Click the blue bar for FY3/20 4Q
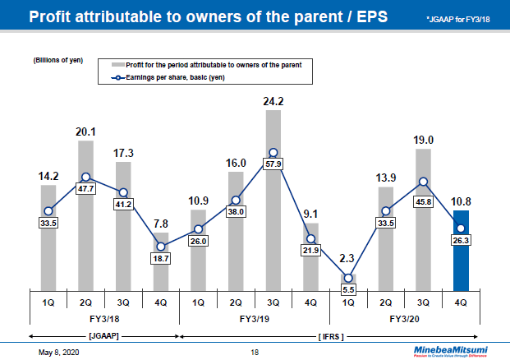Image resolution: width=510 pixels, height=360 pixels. [x=462, y=259]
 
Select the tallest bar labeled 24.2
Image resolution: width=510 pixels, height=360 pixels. [x=273, y=197]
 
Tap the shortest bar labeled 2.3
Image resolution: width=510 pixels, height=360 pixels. [x=349, y=279]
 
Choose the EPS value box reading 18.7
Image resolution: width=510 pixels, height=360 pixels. [x=161, y=257]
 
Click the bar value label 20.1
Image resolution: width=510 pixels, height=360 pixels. [x=85, y=132]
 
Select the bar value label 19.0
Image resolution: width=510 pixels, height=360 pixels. [x=424, y=141]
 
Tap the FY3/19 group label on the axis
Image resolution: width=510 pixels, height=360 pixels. [x=255, y=318]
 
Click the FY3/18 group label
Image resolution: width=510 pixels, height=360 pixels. [x=104, y=318]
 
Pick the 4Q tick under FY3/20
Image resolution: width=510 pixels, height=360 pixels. [x=462, y=302]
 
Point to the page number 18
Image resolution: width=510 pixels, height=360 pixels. [x=255, y=352]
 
